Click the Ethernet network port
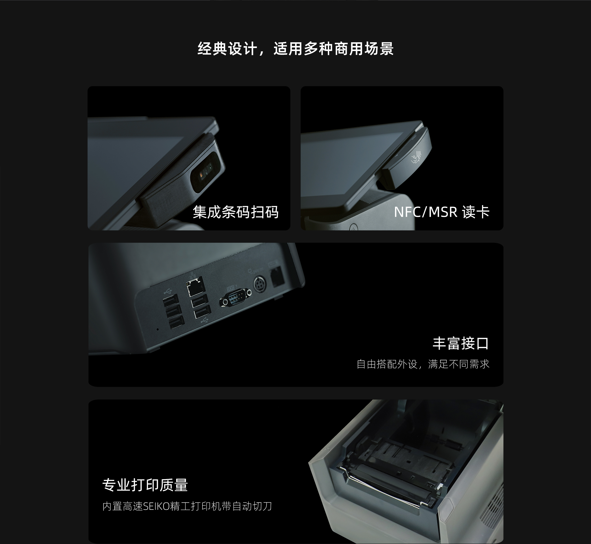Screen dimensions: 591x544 195,286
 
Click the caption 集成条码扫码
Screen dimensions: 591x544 235,212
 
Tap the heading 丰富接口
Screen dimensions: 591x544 461,343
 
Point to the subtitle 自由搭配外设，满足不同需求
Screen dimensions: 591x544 423,364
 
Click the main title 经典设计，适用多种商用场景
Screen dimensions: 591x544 295,48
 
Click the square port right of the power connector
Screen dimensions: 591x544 277,277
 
